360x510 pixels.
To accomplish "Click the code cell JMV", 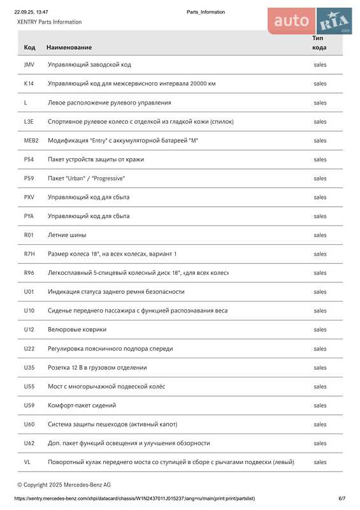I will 29,64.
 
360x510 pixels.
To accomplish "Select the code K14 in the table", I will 29,84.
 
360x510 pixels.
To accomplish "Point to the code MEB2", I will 31,140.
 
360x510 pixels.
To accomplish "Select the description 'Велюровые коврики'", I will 77,330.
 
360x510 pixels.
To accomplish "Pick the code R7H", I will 29,254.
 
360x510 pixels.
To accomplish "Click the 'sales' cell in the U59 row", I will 320,405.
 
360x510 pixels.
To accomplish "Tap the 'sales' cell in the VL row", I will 320,462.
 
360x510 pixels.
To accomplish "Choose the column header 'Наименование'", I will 69,47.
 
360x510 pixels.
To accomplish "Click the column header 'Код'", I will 29,47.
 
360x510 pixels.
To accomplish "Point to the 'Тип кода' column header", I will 319,43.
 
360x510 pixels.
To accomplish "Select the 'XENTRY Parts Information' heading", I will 49,22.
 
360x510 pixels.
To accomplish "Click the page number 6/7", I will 342,499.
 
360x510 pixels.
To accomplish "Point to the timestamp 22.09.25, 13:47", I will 31,12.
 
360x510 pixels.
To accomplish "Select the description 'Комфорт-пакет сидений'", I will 82,405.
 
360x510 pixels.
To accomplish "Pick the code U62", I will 29,443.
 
